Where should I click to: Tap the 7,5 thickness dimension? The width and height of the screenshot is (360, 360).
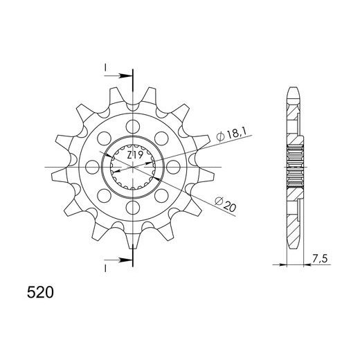(320, 259)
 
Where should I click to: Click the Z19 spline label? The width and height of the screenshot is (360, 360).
(135, 156)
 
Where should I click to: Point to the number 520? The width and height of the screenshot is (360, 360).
(40, 292)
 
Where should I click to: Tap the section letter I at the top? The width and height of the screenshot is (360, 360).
(105, 68)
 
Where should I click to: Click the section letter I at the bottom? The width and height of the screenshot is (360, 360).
(105, 269)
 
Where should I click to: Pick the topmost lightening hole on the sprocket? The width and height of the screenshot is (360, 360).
(133, 127)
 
